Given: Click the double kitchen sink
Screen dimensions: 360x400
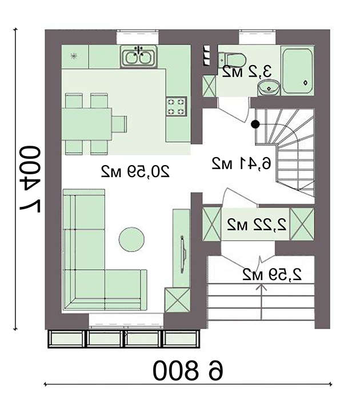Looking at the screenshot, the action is (139, 57).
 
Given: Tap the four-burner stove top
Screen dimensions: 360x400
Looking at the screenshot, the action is (177, 106).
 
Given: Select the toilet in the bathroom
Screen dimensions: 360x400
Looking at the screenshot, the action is (232, 60).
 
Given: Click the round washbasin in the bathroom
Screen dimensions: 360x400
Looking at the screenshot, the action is (269, 87).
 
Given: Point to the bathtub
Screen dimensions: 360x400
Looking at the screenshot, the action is (298, 70).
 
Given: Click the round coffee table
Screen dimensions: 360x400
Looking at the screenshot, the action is (131, 239).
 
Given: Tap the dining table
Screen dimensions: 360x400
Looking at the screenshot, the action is (87, 124).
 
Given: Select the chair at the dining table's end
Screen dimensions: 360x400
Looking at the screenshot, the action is (119, 124).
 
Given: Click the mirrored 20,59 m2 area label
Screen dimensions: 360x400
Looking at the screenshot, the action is (135, 171).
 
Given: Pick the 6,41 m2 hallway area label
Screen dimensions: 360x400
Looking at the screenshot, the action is (241, 163).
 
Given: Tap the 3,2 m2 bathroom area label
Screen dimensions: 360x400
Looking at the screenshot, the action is (247, 71).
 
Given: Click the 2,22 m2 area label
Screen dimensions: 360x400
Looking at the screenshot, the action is (257, 225).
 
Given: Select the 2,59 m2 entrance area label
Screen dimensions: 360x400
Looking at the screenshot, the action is (272, 274).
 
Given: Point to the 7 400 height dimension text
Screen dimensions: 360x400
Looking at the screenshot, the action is (30, 179).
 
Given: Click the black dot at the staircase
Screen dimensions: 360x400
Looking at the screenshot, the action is (255, 124).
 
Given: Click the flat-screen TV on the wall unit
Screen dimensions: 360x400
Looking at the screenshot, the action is (183, 254).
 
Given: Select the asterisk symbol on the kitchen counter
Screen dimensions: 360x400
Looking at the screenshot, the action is (74, 56).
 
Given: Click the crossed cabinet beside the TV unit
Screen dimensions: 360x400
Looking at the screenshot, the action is (177, 300).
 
